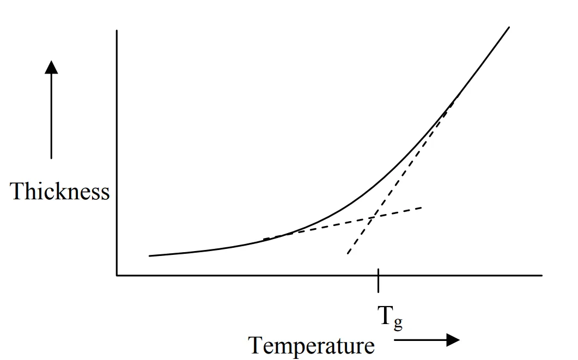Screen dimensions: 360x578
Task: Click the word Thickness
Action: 60,192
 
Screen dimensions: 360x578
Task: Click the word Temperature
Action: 312,345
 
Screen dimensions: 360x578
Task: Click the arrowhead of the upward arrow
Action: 51,67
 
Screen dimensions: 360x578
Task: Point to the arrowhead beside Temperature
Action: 453,340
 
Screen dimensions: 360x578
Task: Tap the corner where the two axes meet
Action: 117,275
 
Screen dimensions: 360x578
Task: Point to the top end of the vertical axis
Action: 117,31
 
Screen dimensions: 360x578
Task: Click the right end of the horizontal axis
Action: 542,275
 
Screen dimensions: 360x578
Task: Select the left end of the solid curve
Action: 149,255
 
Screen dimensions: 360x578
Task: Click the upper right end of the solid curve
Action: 509,27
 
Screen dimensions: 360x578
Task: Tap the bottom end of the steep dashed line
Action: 347,254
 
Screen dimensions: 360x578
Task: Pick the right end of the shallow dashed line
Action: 422,208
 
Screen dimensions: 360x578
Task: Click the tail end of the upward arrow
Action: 51,158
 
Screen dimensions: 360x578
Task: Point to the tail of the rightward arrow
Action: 394,340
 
